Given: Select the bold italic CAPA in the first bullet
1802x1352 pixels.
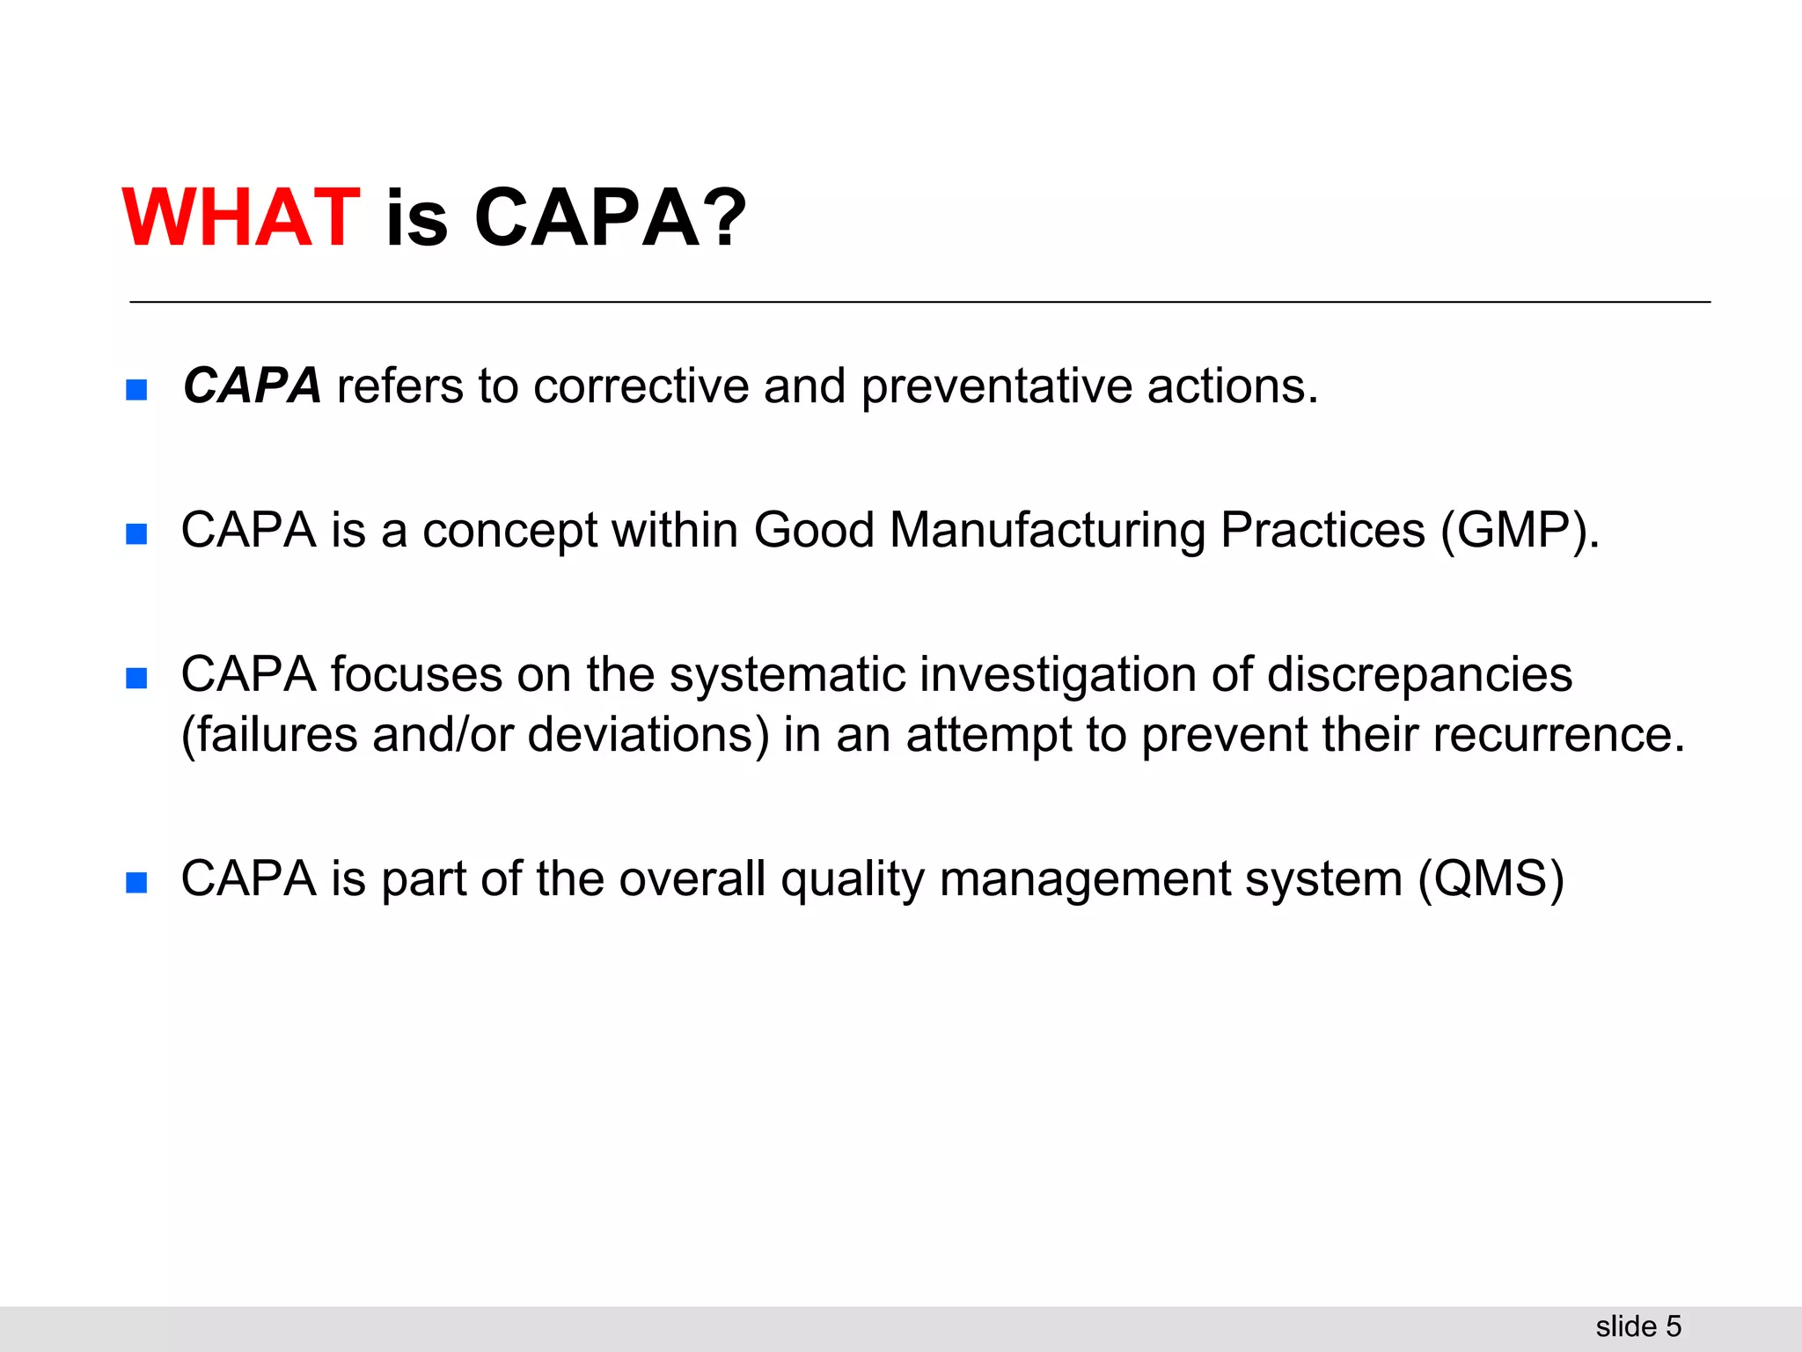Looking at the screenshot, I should tap(253, 386).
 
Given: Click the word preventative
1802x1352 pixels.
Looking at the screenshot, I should tap(996, 387).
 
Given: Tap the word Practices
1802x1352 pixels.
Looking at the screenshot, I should tap(1322, 531).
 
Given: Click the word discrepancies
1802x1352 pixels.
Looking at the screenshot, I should tap(1419, 675).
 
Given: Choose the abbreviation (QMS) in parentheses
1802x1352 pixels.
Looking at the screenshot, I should tap(1491, 879).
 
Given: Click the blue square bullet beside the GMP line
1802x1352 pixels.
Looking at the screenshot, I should tap(136, 533).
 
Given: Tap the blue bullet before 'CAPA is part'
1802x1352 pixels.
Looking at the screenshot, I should tap(136, 882).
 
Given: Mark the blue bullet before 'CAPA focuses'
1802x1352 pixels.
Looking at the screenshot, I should tap(136, 678).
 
